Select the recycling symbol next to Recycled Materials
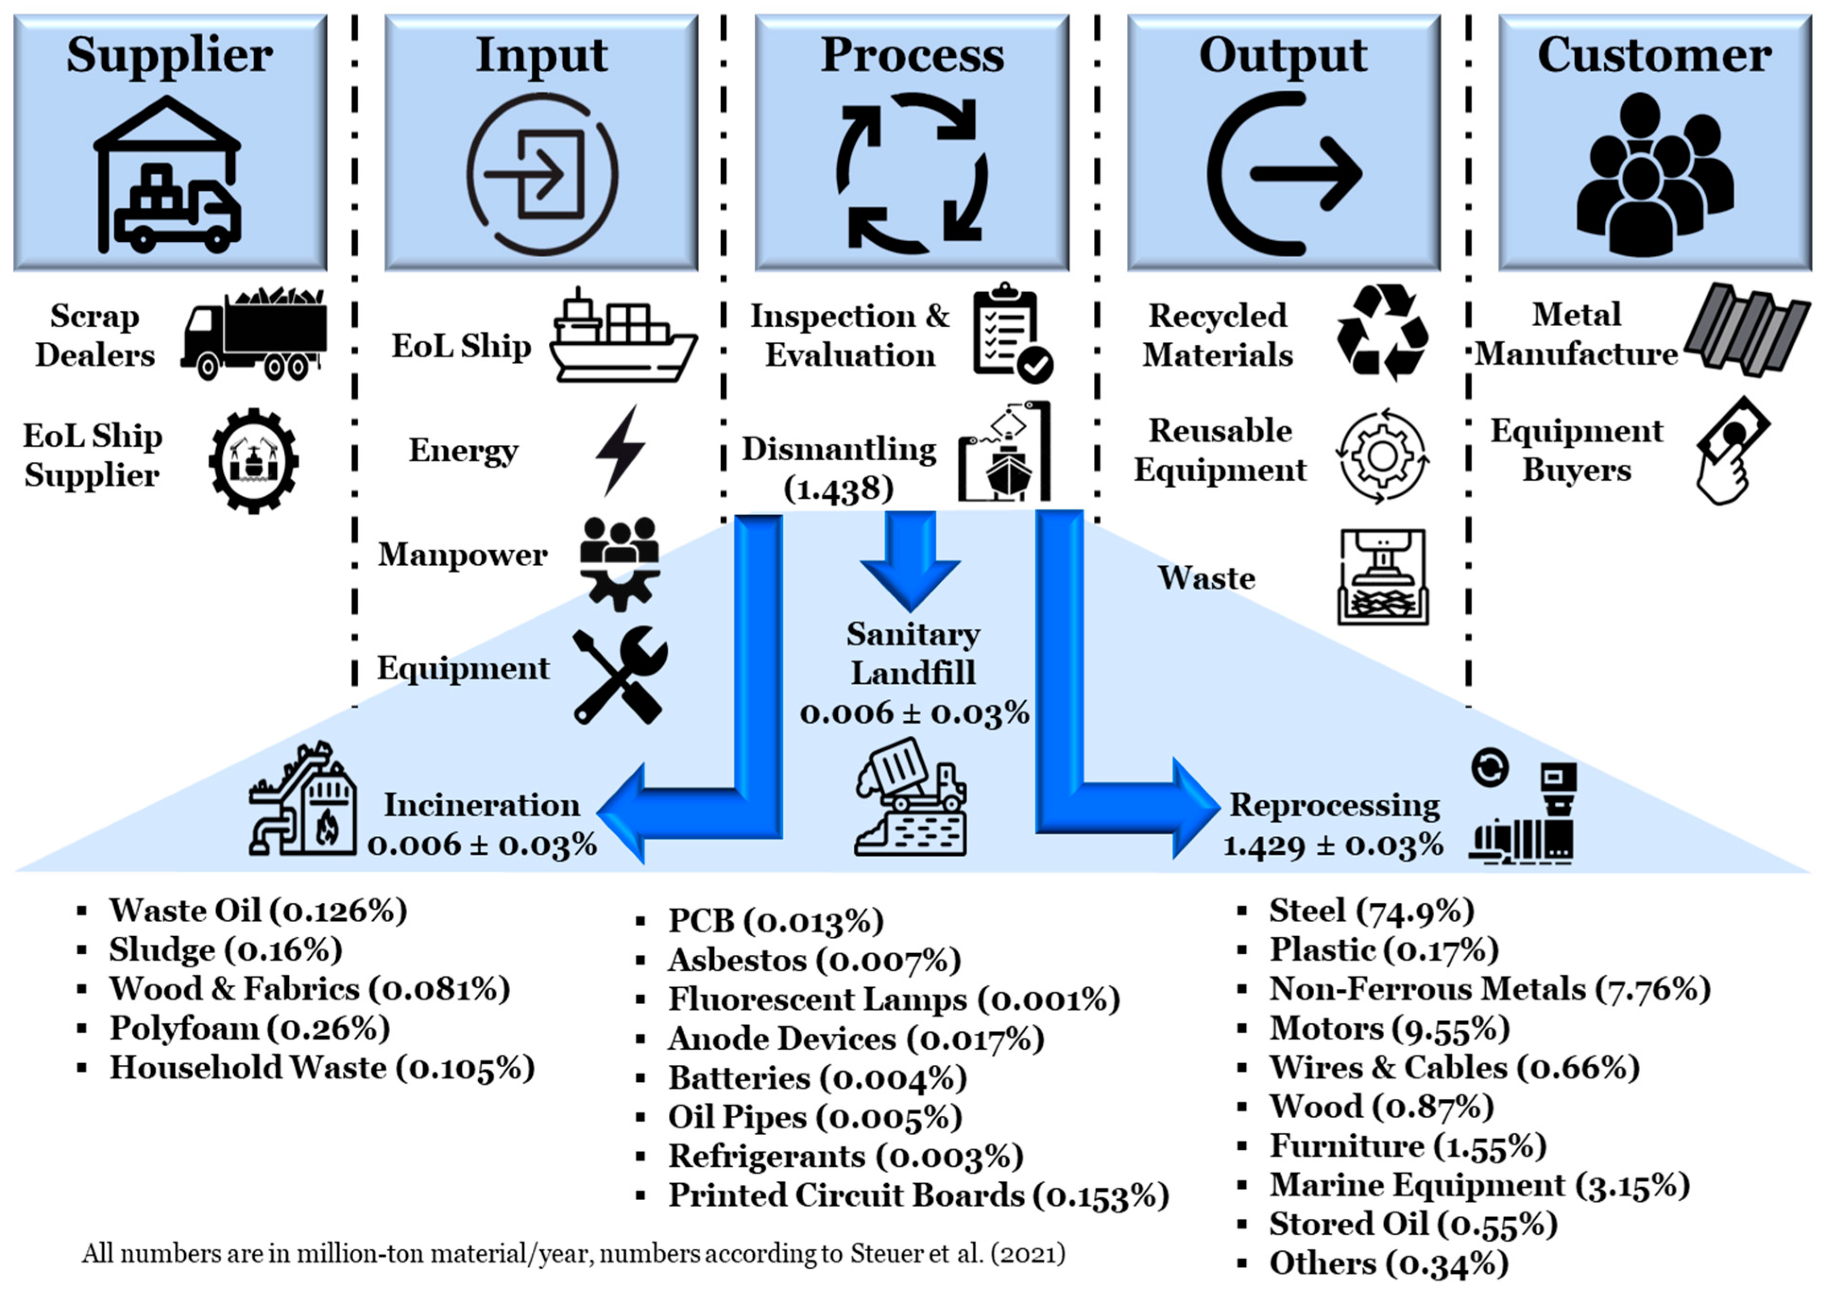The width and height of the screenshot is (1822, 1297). pyautogui.click(x=1382, y=333)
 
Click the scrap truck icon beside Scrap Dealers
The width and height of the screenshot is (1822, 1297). pyautogui.click(x=254, y=334)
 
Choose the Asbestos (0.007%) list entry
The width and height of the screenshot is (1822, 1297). pyautogui.click(x=813, y=960)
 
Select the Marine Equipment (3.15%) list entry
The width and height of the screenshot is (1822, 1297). pyautogui.click(x=1479, y=1185)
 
